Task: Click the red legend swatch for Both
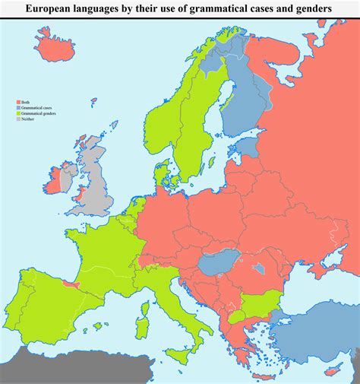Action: tap(17, 102)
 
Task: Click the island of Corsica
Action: tap(146, 297)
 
